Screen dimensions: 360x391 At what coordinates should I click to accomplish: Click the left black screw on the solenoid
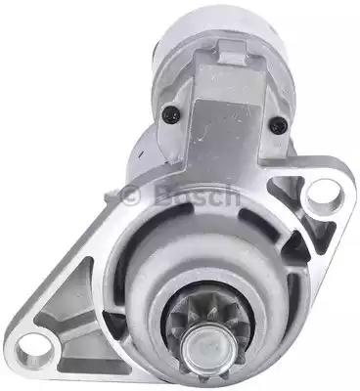171,114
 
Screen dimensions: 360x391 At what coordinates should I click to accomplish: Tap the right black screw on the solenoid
279,125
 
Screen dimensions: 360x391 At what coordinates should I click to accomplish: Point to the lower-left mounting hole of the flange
35,350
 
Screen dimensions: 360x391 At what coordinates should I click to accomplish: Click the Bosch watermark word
199,195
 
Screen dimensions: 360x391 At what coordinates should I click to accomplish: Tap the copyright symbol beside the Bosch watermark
130,195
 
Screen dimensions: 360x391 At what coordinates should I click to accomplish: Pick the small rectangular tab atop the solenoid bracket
232,52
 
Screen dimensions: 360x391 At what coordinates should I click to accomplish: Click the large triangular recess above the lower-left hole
67,296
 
